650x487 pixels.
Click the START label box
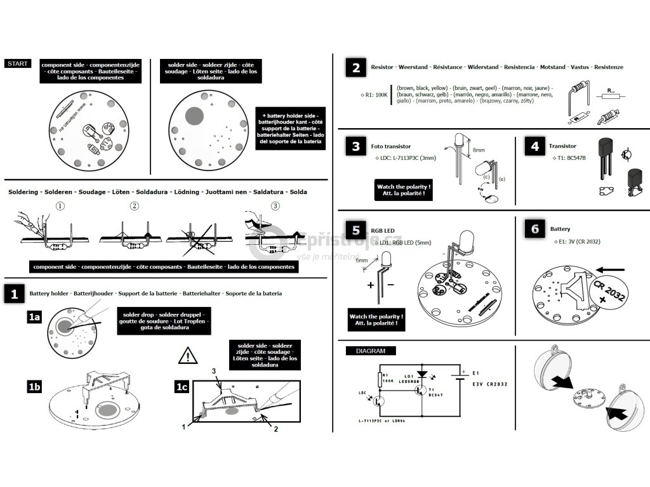pos(17,63)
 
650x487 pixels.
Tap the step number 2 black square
pos(356,68)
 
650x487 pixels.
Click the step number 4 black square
pos(534,146)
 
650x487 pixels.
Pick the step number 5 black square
pos(356,229)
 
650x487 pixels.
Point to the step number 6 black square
pos(534,229)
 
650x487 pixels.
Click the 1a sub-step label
pos(34,317)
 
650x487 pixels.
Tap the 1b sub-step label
pos(34,386)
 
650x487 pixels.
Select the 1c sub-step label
pos(182,386)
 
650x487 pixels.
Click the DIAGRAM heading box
pos(370,351)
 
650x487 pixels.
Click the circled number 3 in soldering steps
pos(275,205)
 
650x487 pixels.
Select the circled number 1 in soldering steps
pos(60,205)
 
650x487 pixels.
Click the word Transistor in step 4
pos(562,146)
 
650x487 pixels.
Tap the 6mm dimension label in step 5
pos(362,261)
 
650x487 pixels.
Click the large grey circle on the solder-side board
pos(194,116)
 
